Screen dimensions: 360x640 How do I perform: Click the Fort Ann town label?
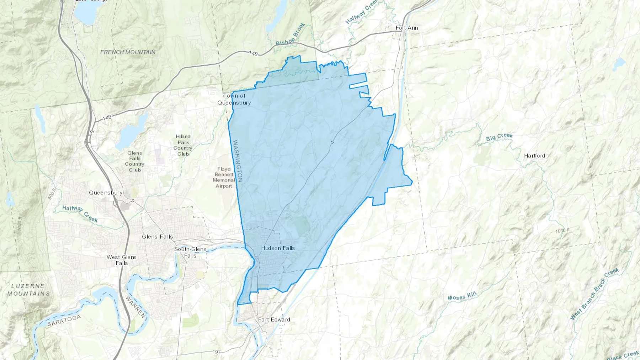pyautogui.click(x=406, y=28)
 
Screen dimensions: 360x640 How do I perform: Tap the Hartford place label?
pyautogui.click(x=534, y=156)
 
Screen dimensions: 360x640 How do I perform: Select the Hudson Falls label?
pyautogui.click(x=278, y=248)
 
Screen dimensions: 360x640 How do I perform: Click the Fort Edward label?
pyautogui.click(x=274, y=319)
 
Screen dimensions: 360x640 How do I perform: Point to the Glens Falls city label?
pyautogui.click(x=157, y=237)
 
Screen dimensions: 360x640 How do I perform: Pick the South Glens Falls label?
pyautogui.click(x=190, y=252)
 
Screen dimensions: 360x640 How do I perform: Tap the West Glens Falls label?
pyautogui.click(x=122, y=260)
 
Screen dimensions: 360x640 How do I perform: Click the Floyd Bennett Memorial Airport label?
pyautogui.click(x=224, y=178)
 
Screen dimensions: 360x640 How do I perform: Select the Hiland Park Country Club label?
pyautogui.click(x=183, y=145)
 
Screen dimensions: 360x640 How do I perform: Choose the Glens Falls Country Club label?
pyautogui.click(x=135, y=161)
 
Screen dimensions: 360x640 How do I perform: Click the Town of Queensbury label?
pyautogui.click(x=234, y=99)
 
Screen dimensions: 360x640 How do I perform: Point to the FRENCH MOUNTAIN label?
pyautogui.click(x=128, y=52)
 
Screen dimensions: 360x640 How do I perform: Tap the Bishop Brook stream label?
pyautogui.click(x=291, y=34)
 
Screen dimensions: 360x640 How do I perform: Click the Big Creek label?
pyautogui.click(x=499, y=137)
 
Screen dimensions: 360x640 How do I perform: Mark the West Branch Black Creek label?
pyautogui.click(x=594, y=294)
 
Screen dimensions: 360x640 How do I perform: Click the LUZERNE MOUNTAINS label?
pyautogui.click(x=28, y=290)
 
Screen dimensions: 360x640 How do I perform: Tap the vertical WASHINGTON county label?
pyautogui.click(x=238, y=161)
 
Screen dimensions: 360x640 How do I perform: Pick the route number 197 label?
pyautogui.click(x=217, y=352)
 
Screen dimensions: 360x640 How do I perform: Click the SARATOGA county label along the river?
pyautogui.click(x=64, y=321)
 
